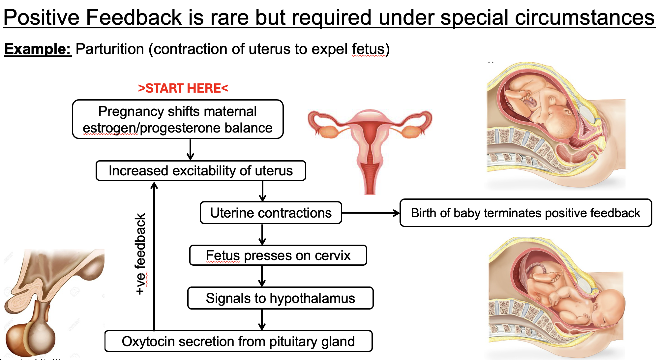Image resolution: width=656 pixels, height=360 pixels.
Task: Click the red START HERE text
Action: pos(183,88)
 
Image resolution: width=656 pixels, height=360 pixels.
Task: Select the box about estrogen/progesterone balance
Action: pos(177,119)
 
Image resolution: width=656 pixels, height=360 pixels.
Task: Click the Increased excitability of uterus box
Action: pos(200,171)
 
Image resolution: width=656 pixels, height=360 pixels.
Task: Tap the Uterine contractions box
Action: pos(271,213)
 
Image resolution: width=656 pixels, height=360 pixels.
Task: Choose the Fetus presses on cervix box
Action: pos(278,255)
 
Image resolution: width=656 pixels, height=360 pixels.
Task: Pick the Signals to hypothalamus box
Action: pos(280,298)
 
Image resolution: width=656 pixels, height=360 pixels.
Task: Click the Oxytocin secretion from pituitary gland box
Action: pos(238,341)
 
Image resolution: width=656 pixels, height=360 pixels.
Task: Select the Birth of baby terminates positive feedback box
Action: pos(525,213)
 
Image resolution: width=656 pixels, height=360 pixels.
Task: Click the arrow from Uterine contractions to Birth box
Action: pos(371,213)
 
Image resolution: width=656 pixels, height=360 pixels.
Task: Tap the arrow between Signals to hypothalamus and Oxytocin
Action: pos(262,319)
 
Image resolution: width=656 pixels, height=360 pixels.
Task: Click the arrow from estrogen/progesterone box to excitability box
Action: pos(191,150)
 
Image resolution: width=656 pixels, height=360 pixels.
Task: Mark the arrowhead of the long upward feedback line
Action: pos(154,185)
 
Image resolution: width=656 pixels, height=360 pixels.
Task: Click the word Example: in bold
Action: pos(37,49)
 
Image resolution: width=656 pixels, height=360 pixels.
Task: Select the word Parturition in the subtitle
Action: pos(110,49)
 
